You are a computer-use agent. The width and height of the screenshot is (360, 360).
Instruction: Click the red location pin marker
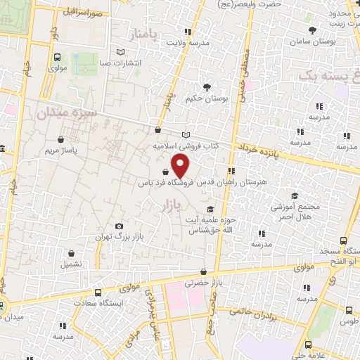(x=181, y=166)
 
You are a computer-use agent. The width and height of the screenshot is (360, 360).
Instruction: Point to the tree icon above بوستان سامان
(x=313, y=30)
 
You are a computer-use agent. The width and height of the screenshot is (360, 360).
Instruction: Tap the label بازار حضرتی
(x=198, y=284)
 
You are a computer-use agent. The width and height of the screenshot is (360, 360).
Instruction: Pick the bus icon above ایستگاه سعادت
(x=98, y=291)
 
